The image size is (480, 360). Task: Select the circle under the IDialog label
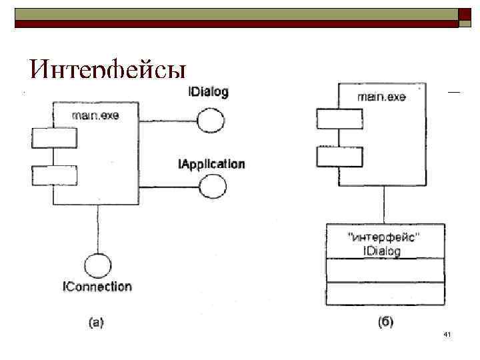pos(211,121)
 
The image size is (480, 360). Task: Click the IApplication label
pos(211,164)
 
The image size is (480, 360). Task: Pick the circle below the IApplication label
pos(213,186)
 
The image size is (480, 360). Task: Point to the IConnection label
pos(97,287)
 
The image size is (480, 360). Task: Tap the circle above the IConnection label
pos(97,265)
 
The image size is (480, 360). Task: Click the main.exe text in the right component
pos(381,97)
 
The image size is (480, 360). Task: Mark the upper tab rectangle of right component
pos(339,118)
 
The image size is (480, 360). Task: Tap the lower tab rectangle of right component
pos(339,157)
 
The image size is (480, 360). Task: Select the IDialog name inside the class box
pos(382,251)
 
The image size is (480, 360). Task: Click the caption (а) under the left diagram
pos(97,323)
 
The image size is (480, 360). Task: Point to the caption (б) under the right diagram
pos(385,323)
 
